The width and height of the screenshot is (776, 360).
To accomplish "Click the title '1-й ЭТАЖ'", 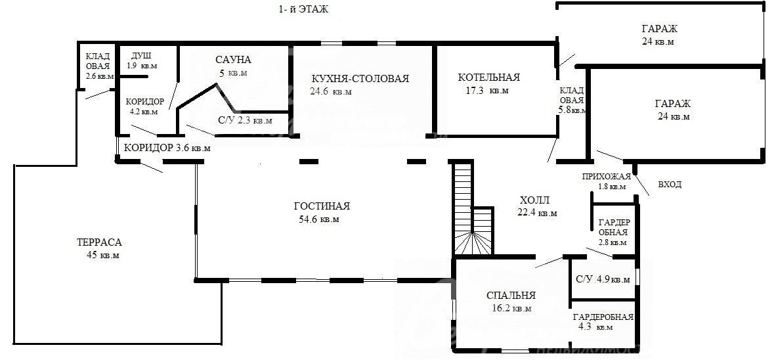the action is coord(303,9).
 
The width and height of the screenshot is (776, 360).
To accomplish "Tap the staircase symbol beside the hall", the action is coord(473,209).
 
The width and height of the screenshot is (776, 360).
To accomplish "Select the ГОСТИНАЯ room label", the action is coord(322,206).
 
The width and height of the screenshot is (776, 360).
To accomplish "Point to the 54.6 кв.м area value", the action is coord(319,219).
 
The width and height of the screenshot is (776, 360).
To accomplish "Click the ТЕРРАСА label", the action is coord(99,242).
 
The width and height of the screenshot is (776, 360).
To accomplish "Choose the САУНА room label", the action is coord(233,60).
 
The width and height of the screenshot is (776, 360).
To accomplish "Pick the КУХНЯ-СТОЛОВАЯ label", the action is coord(360,79).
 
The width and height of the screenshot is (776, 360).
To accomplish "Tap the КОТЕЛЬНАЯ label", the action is coord(489,78).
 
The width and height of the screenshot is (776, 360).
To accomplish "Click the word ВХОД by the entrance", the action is coord(670,185).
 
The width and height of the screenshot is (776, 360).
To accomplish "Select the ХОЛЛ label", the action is coord(534,200).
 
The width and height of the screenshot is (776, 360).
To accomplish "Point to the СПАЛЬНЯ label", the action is coord(511,296).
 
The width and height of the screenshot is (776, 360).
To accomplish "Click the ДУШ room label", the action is coord(142,55).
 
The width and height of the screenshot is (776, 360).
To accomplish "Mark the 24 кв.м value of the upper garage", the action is coord(658,41).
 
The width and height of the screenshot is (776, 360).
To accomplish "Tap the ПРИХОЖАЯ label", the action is coord(606,176).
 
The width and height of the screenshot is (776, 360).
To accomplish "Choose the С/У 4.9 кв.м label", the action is coord(603,279).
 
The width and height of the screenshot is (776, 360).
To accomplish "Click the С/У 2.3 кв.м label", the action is coord(245,121).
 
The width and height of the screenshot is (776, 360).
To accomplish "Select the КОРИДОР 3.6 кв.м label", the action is coord(167,148).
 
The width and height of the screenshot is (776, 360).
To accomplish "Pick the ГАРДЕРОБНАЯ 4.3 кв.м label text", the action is coord(603,322).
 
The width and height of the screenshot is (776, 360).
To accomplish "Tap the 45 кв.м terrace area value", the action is coord(102,256).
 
